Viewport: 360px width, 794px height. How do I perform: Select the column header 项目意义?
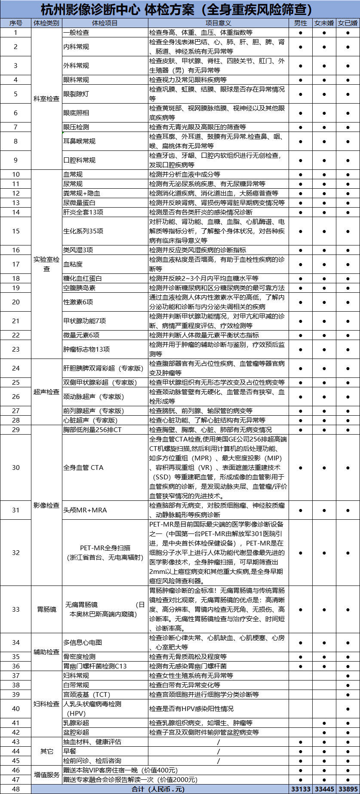click(x=218, y=23)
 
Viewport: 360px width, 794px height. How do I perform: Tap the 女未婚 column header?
click(x=324, y=23)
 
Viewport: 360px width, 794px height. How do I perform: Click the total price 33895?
click(x=348, y=789)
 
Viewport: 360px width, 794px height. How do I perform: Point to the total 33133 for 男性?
click(x=301, y=789)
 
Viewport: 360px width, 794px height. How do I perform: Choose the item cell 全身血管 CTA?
click(x=83, y=468)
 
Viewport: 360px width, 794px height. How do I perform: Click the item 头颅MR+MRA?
click(x=85, y=510)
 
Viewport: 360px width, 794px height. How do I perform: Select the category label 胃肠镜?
click(x=46, y=609)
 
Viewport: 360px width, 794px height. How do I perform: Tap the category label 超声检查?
click(x=46, y=392)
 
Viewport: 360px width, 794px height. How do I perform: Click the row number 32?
click(x=16, y=552)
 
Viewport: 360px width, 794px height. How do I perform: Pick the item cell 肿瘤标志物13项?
click(x=86, y=349)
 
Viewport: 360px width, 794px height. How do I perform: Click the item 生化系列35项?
click(x=83, y=231)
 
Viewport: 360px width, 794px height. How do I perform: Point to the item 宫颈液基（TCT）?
click(x=87, y=694)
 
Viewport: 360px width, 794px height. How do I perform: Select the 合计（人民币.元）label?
click(x=158, y=789)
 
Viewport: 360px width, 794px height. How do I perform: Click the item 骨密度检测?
click(x=80, y=656)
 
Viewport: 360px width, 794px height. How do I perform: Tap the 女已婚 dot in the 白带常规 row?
click(x=348, y=685)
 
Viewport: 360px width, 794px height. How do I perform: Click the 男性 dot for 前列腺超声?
click(x=300, y=411)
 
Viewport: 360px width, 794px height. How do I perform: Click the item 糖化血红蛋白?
click(x=83, y=279)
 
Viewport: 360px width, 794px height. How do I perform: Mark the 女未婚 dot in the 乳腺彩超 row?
click(x=324, y=723)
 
